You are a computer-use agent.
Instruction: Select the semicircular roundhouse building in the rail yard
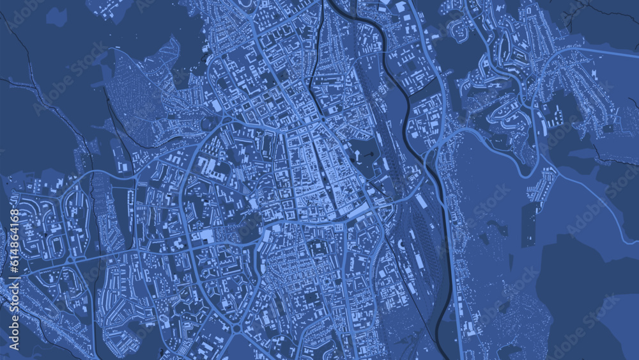tap(402, 246)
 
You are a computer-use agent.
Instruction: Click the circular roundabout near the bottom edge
tap(236, 329)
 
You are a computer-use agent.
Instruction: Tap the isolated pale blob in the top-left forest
tap(56, 17)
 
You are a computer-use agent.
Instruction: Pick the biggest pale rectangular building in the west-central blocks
tap(206, 237)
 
